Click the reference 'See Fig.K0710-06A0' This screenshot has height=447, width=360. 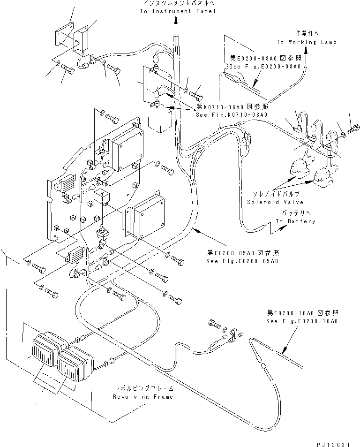click(232, 115)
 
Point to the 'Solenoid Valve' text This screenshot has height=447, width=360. click(275, 202)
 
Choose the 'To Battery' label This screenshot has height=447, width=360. click(295, 221)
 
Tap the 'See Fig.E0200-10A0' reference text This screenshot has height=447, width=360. click(302, 321)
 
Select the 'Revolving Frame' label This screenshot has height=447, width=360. click(143, 397)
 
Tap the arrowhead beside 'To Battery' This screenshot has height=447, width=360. click(283, 227)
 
